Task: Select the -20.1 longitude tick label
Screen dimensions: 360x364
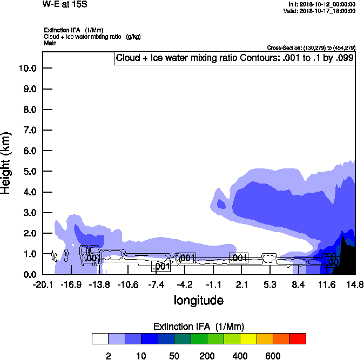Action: click(43, 285)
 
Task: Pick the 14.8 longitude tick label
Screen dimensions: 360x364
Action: click(355, 285)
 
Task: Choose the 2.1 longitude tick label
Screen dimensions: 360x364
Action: click(241, 285)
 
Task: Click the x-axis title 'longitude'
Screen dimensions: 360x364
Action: click(198, 300)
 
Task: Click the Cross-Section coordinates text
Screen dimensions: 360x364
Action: click(311, 47)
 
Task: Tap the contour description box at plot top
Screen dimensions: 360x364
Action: click(235, 58)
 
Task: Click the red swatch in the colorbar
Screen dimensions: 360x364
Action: click(297, 338)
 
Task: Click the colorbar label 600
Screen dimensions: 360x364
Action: click(273, 356)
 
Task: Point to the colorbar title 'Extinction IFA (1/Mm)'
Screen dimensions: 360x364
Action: click(198, 327)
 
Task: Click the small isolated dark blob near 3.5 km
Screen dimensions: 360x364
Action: click(221, 203)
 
